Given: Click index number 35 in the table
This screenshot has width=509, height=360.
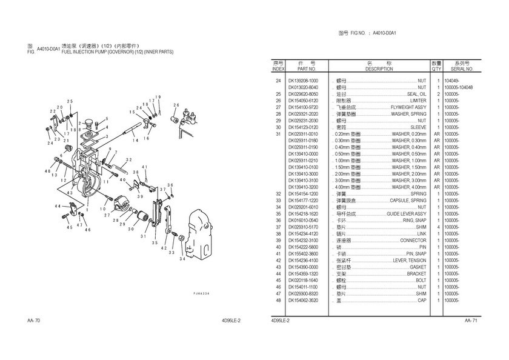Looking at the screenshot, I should pyautogui.click(x=278, y=214).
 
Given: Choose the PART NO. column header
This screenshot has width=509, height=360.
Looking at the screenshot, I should pyautogui.click(x=304, y=69).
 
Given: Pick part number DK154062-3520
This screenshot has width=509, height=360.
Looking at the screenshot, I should pyautogui.click(x=304, y=300).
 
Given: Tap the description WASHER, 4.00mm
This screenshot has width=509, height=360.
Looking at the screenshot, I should pyautogui.click(x=409, y=187).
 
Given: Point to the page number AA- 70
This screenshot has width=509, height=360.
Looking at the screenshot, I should pyautogui.click(x=34, y=319).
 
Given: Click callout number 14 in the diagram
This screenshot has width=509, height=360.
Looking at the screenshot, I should pyautogui.click(x=145, y=140).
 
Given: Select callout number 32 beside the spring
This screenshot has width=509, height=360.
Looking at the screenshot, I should pyautogui.click(x=128, y=160).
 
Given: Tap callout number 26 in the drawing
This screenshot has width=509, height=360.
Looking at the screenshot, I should pyautogui.click(x=176, y=105).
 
